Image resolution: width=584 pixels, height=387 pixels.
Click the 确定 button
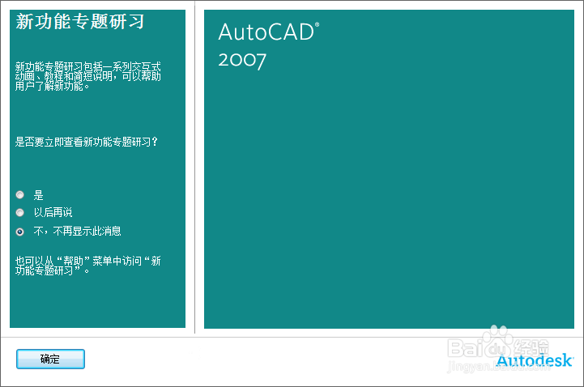[x=50, y=359]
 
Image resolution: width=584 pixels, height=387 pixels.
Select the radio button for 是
[x=20, y=194]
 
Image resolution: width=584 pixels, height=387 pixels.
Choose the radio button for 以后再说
[x=20, y=212]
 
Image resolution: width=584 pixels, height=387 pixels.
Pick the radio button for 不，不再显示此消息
[x=20, y=231]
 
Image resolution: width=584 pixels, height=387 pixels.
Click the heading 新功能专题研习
[x=80, y=22]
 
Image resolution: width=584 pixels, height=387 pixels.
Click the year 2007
[x=242, y=60]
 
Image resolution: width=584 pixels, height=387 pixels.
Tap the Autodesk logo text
[x=535, y=360]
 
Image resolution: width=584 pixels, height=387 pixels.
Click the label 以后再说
[x=53, y=212]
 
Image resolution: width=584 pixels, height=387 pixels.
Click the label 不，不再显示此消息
[x=77, y=231]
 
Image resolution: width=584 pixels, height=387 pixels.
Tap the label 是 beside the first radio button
[x=38, y=195]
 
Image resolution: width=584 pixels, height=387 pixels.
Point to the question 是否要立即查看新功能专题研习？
[x=86, y=142]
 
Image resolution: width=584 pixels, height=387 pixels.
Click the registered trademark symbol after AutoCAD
[x=317, y=26]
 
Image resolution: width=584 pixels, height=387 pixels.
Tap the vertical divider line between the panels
[x=194, y=170]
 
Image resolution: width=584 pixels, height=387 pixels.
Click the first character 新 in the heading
[x=24, y=22]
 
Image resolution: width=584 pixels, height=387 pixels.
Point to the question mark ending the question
[x=155, y=142]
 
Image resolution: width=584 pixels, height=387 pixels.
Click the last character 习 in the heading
[x=136, y=22]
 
